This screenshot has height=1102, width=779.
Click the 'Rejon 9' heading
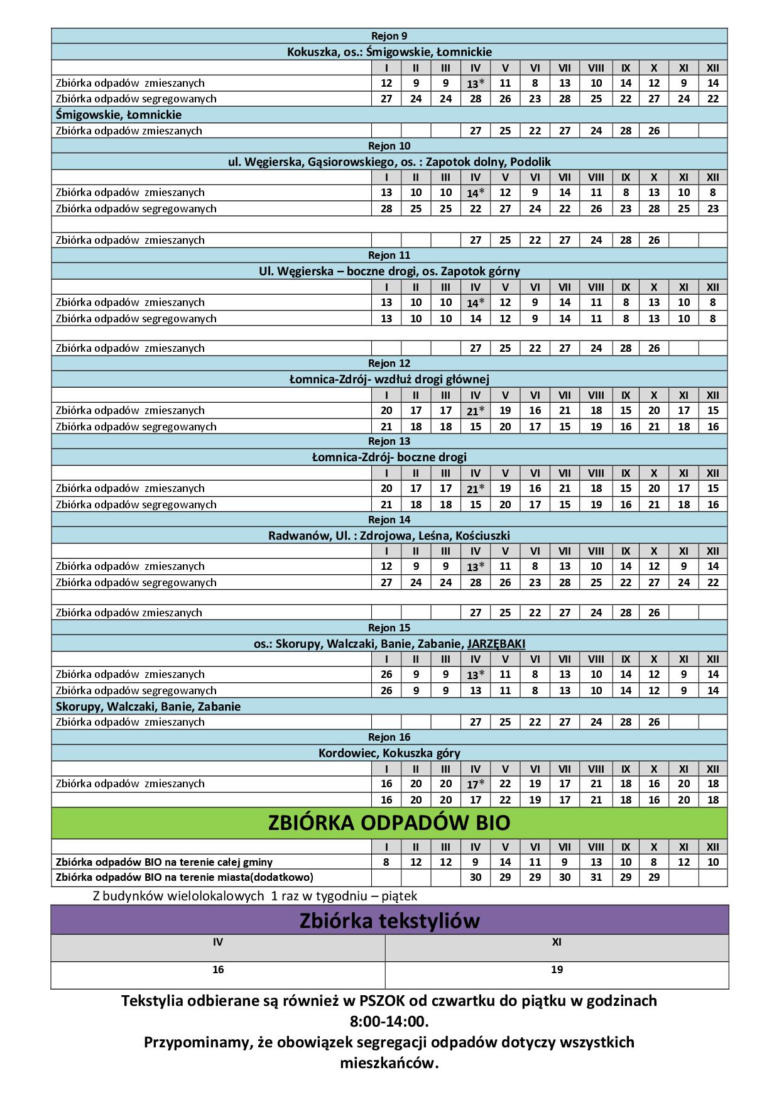pyautogui.click(x=389, y=36)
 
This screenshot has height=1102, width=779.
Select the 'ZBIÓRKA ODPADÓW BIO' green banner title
pyautogui.click(x=389, y=823)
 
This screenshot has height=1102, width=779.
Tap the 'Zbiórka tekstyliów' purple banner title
pyautogui.click(x=389, y=921)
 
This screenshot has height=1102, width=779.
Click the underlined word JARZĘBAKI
pyautogui.click(x=496, y=643)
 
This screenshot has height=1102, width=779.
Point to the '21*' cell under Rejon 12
pyautogui.click(x=475, y=411)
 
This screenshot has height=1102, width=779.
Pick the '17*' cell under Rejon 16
pyautogui.click(x=475, y=784)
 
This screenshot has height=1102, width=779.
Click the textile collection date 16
pyautogui.click(x=217, y=969)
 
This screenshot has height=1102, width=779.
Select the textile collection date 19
pyautogui.click(x=557, y=969)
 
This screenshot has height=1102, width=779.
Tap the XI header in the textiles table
pyautogui.click(x=557, y=942)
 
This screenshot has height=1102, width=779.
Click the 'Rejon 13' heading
pyautogui.click(x=389, y=441)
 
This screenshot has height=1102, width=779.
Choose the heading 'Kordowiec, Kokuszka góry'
pyautogui.click(x=389, y=753)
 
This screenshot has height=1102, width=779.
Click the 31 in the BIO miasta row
pyautogui.click(x=596, y=877)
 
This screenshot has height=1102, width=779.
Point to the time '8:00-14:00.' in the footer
pyautogui.click(x=389, y=1021)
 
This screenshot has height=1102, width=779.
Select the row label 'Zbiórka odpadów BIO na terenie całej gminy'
pyautogui.click(x=164, y=862)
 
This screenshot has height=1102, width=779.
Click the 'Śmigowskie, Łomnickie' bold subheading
pyautogui.click(x=119, y=114)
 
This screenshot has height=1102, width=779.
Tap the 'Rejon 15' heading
pyautogui.click(x=389, y=628)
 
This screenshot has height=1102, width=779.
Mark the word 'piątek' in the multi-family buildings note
pyautogui.click(x=398, y=896)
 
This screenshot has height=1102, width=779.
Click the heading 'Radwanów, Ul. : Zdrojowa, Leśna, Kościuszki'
pyautogui.click(x=389, y=535)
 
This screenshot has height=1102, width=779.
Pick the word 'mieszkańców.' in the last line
pyautogui.click(x=389, y=1063)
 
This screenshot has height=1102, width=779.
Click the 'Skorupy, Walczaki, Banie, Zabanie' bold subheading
pyautogui.click(x=148, y=706)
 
